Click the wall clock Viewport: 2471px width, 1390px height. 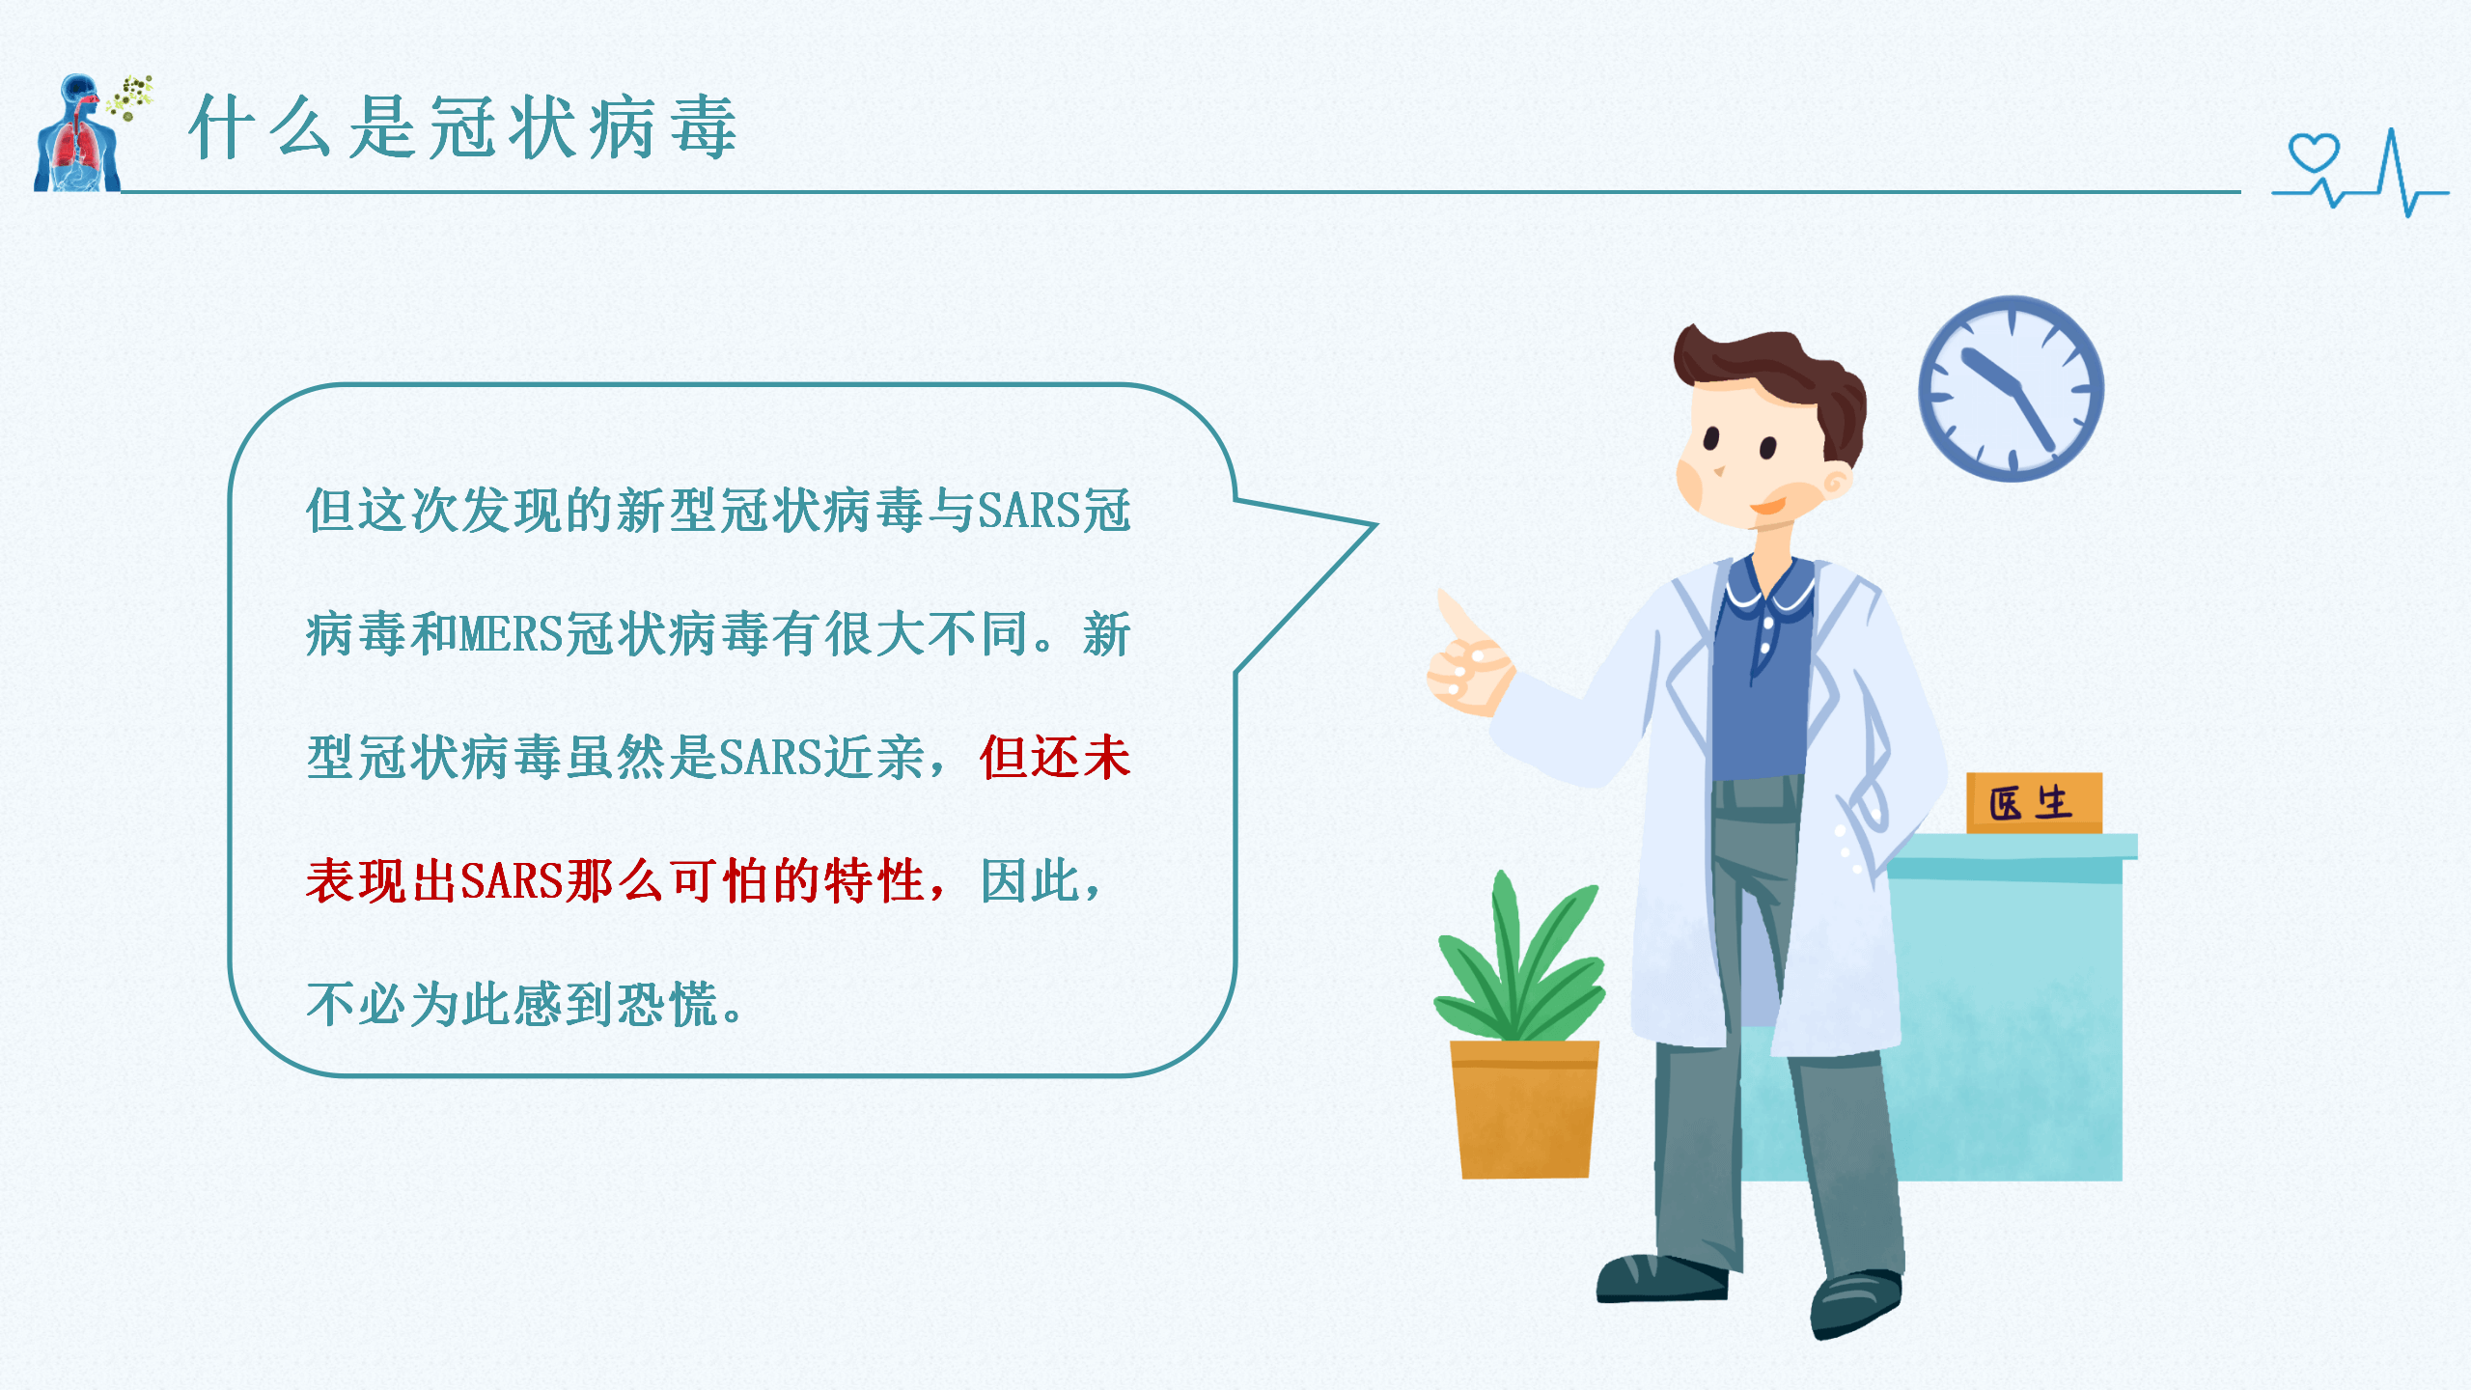(2011, 388)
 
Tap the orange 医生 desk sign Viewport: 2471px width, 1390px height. (2033, 802)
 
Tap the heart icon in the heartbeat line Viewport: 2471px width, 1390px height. (2314, 153)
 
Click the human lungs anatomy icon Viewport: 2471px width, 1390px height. (77, 140)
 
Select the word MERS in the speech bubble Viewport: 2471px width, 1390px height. (511, 635)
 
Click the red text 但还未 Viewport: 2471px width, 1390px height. (1054, 758)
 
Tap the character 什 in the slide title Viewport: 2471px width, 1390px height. (221, 127)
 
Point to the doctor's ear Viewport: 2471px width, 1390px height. (1834, 483)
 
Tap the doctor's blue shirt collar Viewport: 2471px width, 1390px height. (1768, 584)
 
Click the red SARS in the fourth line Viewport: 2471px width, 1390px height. (511, 881)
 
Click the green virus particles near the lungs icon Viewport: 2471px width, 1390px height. (132, 97)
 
